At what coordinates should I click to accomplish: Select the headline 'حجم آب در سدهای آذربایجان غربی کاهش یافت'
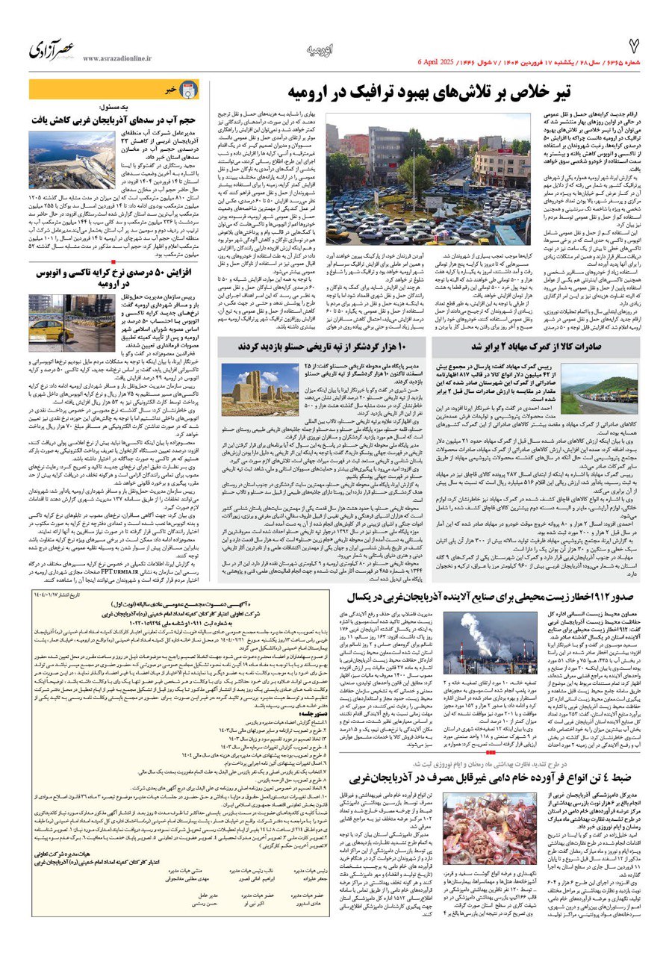tap(115, 119)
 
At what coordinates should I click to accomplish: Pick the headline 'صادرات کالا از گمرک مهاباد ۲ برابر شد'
tap(549, 347)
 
